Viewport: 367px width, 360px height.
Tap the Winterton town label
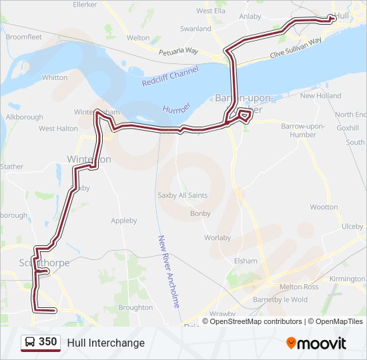click(89, 159)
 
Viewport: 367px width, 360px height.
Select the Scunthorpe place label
click(45, 263)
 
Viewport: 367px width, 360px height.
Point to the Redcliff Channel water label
click(170, 78)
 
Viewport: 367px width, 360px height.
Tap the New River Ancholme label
click(169, 271)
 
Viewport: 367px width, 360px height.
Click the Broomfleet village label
click(23, 38)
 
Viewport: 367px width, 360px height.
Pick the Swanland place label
click(196, 29)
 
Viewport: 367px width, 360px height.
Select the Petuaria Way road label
click(179, 51)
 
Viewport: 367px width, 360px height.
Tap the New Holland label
click(320, 96)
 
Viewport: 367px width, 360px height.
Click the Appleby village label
click(124, 221)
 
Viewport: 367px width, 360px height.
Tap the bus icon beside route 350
click(31, 343)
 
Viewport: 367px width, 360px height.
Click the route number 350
click(48, 343)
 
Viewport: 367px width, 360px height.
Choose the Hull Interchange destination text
click(105, 343)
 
